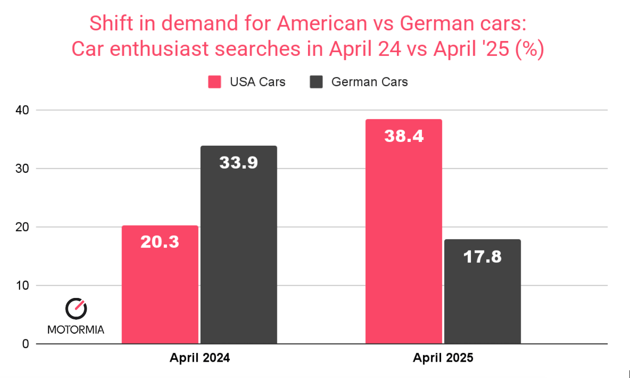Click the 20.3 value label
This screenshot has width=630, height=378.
[160, 242]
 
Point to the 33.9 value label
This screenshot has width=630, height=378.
[239, 162]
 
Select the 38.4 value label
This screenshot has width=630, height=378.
[403, 136]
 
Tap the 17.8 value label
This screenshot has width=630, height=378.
[483, 256]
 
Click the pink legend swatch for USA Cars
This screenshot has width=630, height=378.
[214, 82]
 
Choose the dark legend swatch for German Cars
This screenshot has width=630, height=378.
[316, 82]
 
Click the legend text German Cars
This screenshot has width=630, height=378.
[369, 82]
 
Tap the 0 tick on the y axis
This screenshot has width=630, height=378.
[26, 344]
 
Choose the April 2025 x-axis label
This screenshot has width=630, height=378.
[443, 358]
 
